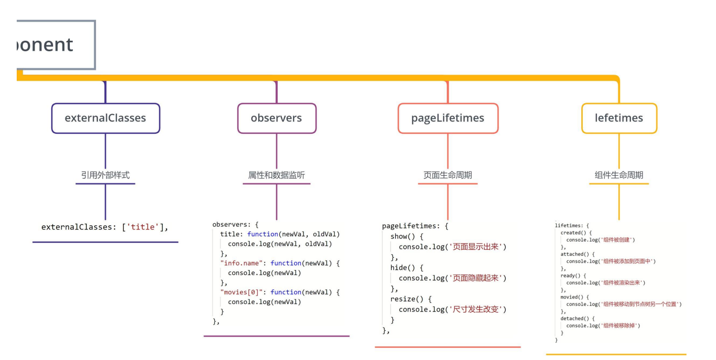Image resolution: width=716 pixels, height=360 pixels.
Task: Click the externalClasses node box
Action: pyautogui.click(x=106, y=118)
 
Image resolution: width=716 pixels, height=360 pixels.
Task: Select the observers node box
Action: pyautogui.click(x=276, y=118)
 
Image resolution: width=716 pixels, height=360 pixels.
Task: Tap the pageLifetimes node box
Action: pyautogui.click(x=447, y=118)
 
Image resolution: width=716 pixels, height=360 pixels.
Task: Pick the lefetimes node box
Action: pyautogui.click(x=619, y=118)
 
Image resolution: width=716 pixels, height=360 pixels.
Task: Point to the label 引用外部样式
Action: pyautogui.click(x=105, y=175)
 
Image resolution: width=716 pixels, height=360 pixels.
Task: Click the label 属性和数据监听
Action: pyautogui.click(x=276, y=175)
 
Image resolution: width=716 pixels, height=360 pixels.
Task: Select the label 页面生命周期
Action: pyautogui.click(x=447, y=175)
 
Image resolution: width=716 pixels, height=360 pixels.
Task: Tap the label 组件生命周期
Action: pyautogui.click(x=619, y=175)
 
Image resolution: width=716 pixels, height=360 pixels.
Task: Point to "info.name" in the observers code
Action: pyautogui.click(x=241, y=263)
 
